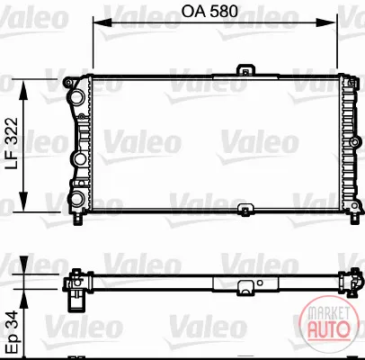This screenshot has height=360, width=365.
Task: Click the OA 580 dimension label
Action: click(209, 12)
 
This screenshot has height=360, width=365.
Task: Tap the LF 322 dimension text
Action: click(13, 143)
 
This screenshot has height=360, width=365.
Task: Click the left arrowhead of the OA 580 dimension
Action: click(102, 22)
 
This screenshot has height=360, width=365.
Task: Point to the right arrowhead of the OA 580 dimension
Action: click(326, 22)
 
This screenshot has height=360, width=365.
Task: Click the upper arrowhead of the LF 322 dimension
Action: click(23, 90)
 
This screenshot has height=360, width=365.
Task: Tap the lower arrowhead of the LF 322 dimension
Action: click(23, 202)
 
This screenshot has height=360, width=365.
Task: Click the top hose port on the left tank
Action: click(77, 97)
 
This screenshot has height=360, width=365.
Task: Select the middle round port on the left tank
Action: click(79, 159)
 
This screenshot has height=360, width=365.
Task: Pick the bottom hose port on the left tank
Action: click(77, 198)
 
